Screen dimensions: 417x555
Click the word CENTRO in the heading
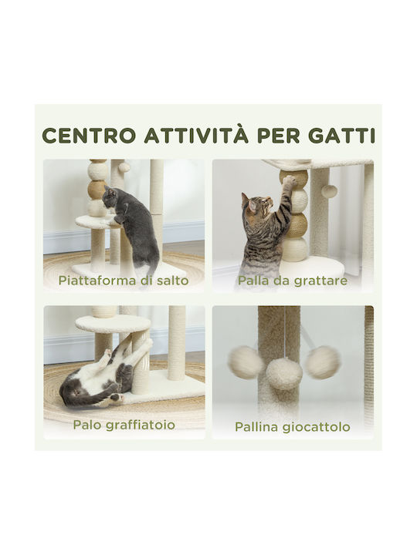pos(89,135)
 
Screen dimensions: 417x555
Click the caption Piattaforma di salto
pos(124,281)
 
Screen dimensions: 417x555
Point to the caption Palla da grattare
pos(292,281)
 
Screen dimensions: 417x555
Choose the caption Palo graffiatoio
pos(124,425)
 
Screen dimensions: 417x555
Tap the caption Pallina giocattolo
pos(292,427)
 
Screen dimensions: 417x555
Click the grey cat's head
pos(110,200)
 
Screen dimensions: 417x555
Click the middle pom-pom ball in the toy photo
pos(284,373)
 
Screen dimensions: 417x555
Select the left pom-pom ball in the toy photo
pos(246,362)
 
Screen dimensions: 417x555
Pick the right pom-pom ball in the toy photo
pos(323,362)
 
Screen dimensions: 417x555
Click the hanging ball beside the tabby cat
pos(329,191)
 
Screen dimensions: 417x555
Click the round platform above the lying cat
pos(113,324)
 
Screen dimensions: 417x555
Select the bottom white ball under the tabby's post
pos(295,250)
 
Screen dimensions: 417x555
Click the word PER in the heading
pos(278,135)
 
